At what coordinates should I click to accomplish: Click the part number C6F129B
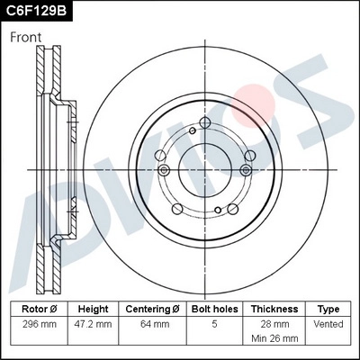pos(37,12)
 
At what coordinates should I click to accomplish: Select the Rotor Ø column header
pos(39,308)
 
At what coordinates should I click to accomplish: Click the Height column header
pos(93,308)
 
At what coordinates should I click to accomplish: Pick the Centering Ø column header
pos(152,308)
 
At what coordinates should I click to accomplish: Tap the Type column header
pos(328,308)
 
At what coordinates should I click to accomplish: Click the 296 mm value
pos(39,323)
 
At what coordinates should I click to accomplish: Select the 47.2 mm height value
pos(93,323)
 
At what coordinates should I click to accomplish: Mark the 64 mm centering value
pos(152,323)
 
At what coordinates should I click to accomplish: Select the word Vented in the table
pos(328,323)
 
